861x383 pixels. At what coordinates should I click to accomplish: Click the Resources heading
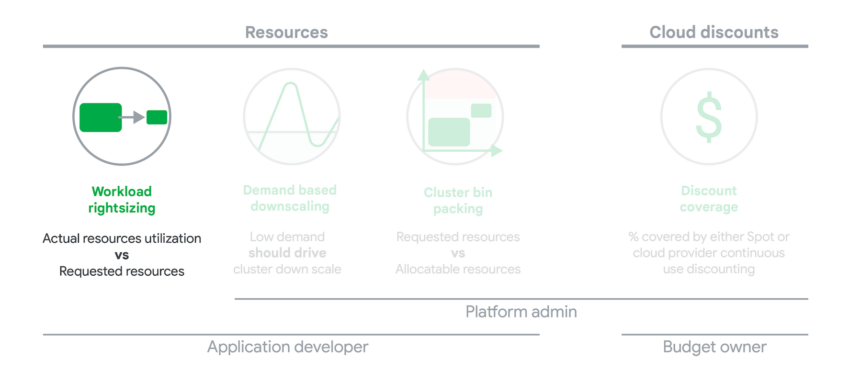coord(286,33)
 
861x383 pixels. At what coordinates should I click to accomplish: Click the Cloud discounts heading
coord(714,33)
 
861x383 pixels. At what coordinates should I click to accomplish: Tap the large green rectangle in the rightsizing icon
coord(101,117)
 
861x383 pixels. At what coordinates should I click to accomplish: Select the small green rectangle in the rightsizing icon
coord(157,117)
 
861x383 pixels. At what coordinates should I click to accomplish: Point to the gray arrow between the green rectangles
coord(132,117)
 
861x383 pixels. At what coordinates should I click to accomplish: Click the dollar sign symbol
coord(709,117)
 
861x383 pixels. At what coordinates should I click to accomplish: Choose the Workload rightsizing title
coord(122,200)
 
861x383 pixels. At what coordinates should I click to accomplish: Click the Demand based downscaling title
coord(290,198)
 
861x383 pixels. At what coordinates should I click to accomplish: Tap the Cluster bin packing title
coord(458,201)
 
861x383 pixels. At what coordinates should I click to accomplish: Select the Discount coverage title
coord(709,199)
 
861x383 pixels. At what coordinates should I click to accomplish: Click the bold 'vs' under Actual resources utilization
coord(122,255)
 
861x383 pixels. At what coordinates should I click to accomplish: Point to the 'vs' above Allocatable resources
coord(458,253)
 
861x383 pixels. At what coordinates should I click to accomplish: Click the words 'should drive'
coord(287,253)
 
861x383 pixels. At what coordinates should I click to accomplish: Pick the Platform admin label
coord(521,312)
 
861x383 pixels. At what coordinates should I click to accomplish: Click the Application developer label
coord(287,347)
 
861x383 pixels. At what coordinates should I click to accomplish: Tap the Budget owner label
coord(714,347)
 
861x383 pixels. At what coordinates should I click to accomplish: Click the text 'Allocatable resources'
coord(458,269)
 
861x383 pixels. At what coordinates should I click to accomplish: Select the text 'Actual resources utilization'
coord(122,238)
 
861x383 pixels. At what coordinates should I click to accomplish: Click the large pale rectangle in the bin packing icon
coord(449,132)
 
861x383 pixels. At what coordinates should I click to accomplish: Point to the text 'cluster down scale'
coord(287,269)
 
